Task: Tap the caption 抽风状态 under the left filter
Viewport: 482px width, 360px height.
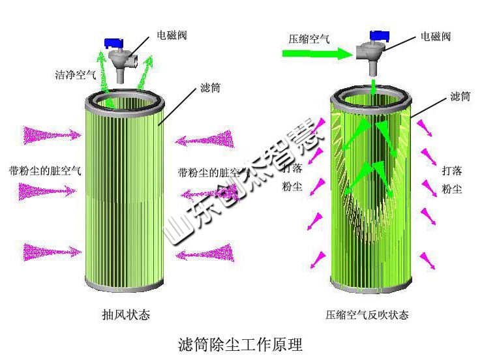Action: tap(126, 315)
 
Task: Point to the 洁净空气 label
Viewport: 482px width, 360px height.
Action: tap(75, 74)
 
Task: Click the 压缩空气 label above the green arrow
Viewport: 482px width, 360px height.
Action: tap(309, 38)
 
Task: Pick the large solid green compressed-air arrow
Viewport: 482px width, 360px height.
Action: tap(320, 54)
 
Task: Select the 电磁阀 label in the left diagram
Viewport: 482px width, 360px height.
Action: tap(172, 35)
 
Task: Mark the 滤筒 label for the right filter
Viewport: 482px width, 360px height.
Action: tap(460, 97)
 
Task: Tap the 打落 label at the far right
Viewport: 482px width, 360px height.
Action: tap(451, 171)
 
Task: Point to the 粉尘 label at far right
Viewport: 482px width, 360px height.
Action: tap(451, 189)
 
